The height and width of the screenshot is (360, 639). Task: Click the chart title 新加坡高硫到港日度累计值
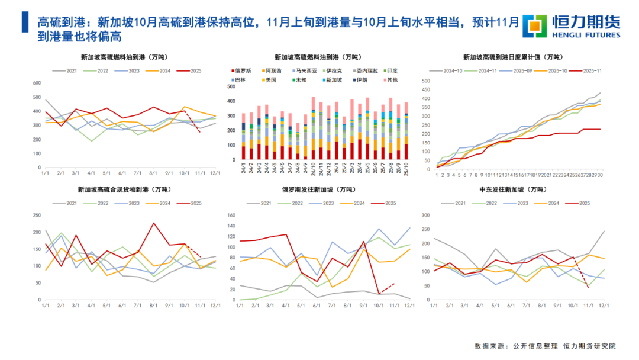click(512, 57)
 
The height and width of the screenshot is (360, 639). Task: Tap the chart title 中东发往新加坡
click(513, 189)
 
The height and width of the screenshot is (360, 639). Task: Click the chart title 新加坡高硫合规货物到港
click(124, 189)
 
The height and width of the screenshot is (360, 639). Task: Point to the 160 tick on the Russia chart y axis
click(232, 216)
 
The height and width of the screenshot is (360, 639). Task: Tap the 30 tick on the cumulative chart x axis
click(600, 175)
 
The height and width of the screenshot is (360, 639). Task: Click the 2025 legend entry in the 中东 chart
click(580, 203)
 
